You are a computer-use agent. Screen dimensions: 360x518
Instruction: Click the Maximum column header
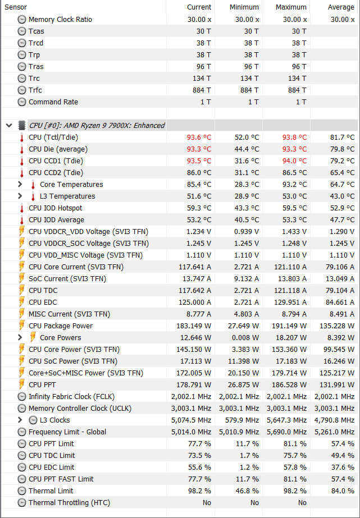(x=291, y=7)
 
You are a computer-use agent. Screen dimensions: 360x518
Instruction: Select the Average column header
(x=341, y=7)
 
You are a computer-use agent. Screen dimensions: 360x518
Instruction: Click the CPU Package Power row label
(x=61, y=326)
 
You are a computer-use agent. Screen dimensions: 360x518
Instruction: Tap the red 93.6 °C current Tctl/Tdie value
(x=199, y=137)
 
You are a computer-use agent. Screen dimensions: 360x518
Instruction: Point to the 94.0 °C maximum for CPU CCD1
(x=294, y=161)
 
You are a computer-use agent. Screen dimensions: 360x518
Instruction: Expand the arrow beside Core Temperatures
(x=20, y=184)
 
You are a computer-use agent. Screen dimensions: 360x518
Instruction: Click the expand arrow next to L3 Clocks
(x=20, y=420)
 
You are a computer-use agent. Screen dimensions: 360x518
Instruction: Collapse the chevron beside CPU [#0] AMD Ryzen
(x=9, y=125)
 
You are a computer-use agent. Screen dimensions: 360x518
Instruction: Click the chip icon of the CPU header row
(x=22, y=125)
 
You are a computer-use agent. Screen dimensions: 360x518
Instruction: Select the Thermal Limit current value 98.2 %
(x=199, y=491)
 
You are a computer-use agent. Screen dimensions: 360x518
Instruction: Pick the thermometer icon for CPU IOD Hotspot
(x=22, y=208)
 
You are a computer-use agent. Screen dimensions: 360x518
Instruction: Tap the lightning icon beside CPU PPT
(x=22, y=384)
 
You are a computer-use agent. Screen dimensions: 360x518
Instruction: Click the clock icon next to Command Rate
(x=22, y=102)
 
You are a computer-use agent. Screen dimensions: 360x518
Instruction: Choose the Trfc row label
(x=35, y=90)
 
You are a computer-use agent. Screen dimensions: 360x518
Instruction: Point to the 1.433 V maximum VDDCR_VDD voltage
(x=294, y=232)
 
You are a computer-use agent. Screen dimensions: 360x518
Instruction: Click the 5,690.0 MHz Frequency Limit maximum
(x=286, y=432)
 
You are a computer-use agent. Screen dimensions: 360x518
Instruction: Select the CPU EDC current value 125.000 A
(x=195, y=302)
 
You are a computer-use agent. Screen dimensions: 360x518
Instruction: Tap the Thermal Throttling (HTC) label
(x=70, y=502)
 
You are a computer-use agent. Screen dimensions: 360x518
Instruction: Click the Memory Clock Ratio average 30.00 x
(x=343, y=20)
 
